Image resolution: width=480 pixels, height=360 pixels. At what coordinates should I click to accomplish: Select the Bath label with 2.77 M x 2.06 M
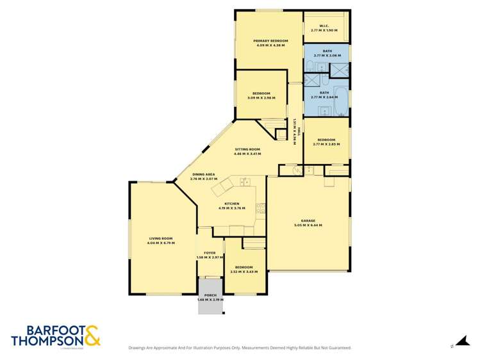point(327,51)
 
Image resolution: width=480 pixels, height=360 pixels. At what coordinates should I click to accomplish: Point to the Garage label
point(308,220)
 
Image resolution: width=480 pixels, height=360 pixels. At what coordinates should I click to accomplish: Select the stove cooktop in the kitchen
point(261,208)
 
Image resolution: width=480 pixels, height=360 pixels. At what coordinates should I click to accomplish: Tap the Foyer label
point(209,253)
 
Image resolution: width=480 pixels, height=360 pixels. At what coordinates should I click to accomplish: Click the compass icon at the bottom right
point(459,343)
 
